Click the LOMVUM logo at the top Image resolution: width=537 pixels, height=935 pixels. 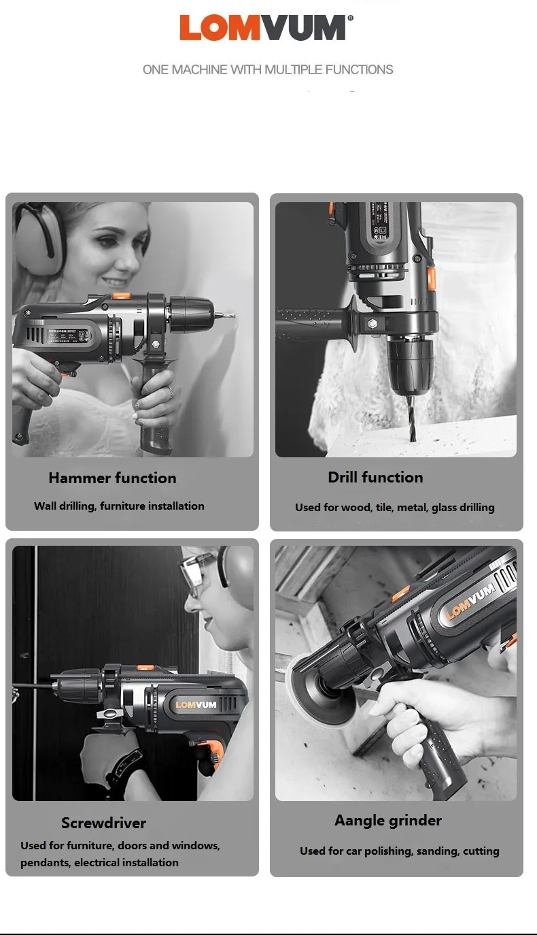266,27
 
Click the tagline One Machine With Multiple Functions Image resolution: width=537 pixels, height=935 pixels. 268,69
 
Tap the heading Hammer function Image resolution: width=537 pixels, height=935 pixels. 112,478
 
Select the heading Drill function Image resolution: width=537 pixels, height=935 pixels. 375,477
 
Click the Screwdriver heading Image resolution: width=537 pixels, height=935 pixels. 103,823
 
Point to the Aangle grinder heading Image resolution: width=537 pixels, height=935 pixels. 387,821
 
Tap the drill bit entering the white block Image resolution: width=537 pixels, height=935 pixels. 413,419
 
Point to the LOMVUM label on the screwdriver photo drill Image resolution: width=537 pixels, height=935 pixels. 196,704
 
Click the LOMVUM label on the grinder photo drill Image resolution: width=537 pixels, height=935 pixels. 470,600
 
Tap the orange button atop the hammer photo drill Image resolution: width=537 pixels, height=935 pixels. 121,295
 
